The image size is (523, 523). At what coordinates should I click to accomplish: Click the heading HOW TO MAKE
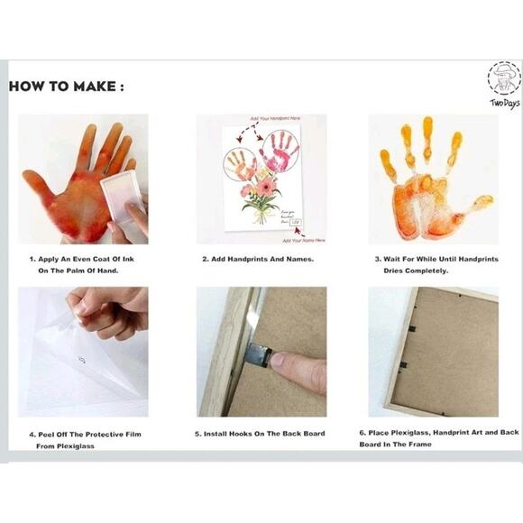coord(67,87)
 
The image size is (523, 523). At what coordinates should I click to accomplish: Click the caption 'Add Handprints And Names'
coord(257,259)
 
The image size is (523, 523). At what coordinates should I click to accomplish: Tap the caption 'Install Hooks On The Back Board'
coord(260,434)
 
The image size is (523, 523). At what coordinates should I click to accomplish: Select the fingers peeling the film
coord(106,307)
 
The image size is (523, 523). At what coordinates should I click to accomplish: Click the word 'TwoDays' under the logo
coord(505,103)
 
